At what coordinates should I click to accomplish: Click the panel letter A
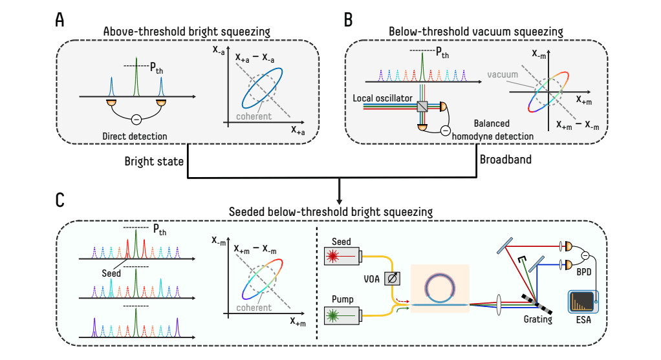point(60,20)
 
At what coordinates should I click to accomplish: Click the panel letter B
point(348,20)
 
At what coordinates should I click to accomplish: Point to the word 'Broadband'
point(505,159)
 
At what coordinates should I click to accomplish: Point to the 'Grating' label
point(538,319)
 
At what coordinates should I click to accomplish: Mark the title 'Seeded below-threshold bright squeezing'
point(330,211)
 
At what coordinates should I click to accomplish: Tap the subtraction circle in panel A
point(136,119)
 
